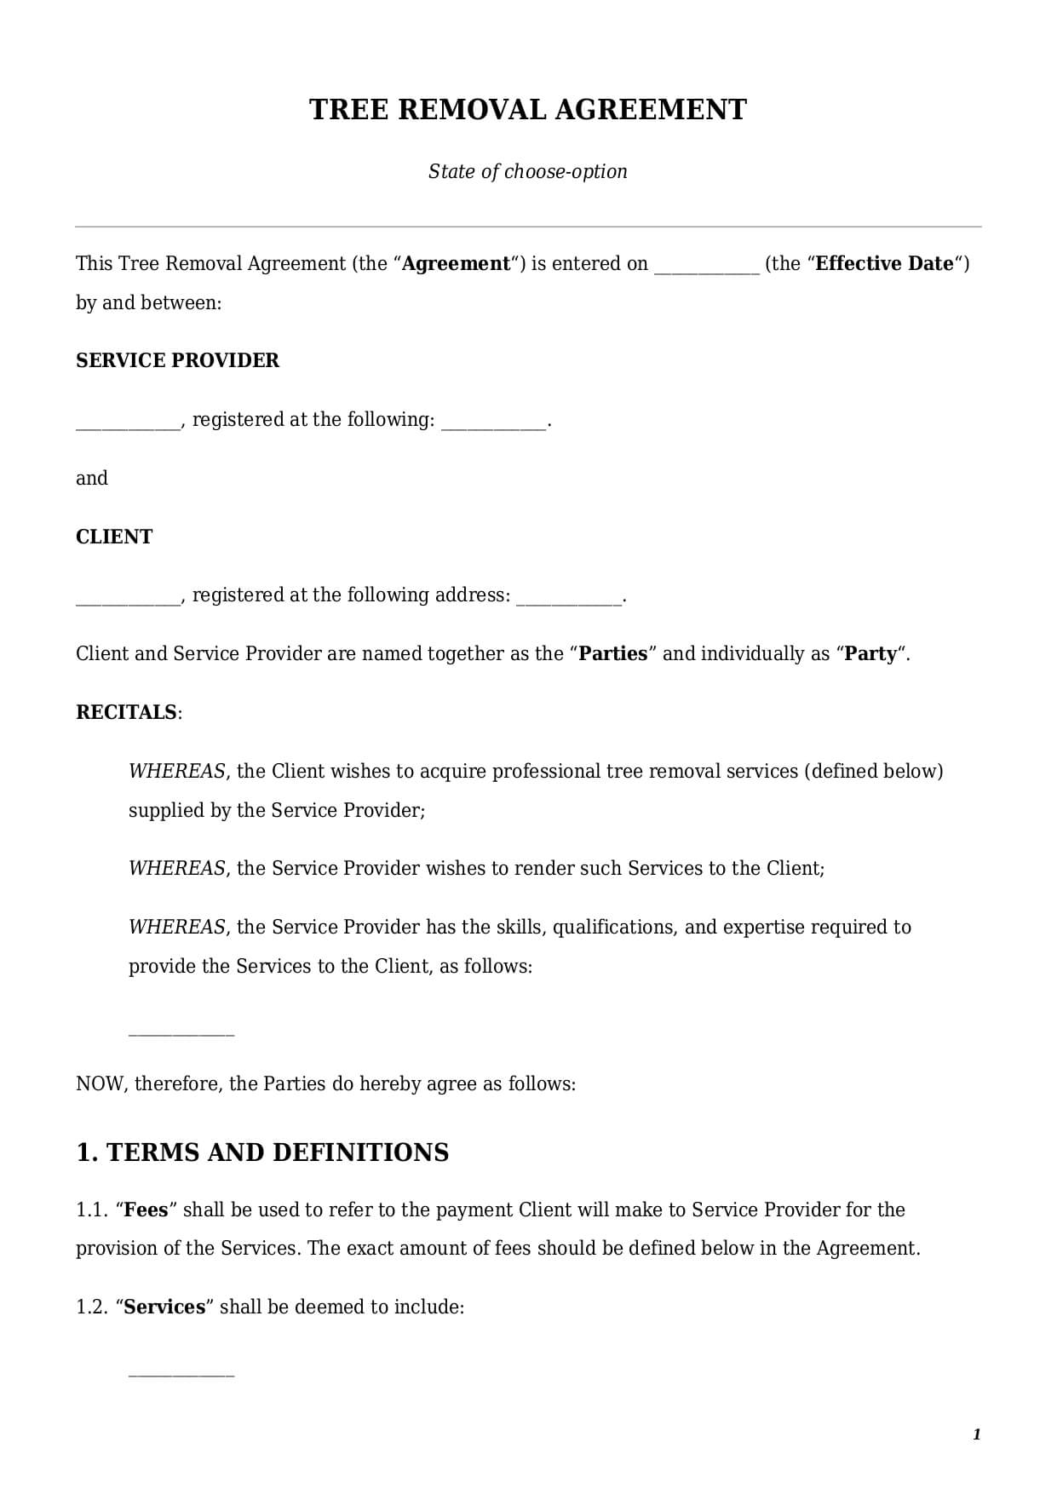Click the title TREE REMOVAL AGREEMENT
[527, 110]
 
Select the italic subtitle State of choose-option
[527, 171]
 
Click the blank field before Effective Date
[706, 266]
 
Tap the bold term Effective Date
[884, 264]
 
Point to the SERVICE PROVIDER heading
[177, 360]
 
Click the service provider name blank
[128, 422]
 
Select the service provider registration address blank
[493, 422]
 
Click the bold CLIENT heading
[114, 537]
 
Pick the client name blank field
[128, 597]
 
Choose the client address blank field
[569, 597]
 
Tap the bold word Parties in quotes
[613, 654]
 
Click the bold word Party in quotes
[870, 654]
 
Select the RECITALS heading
[127, 712]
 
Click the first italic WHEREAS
[177, 772]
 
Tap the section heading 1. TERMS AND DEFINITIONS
[262, 1152]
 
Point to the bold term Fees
[146, 1210]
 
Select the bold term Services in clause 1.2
[164, 1307]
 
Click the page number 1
[976, 1435]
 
